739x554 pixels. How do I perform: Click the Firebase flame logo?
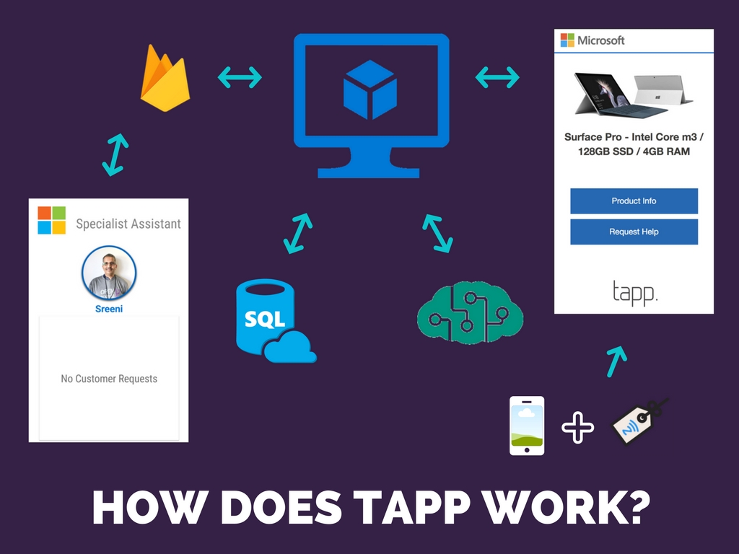tap(165, 79)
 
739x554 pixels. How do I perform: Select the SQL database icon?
tap(271, 320)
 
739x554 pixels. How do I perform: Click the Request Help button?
tap(634, 232)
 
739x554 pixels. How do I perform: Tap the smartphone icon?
tap(527, 426)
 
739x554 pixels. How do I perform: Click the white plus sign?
tap(578, 427)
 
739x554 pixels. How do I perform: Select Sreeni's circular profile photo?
tap(109, 273)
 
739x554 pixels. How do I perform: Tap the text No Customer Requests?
tap(109, 379)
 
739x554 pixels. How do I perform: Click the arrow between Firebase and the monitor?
tap(240, 76)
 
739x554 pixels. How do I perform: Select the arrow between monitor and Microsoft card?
tap(497, 76)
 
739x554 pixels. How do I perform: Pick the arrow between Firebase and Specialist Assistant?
tap(115, 154)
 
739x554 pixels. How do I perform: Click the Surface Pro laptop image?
tap(633, 94)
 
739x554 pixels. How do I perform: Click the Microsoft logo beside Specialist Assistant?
tap(52, 220)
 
